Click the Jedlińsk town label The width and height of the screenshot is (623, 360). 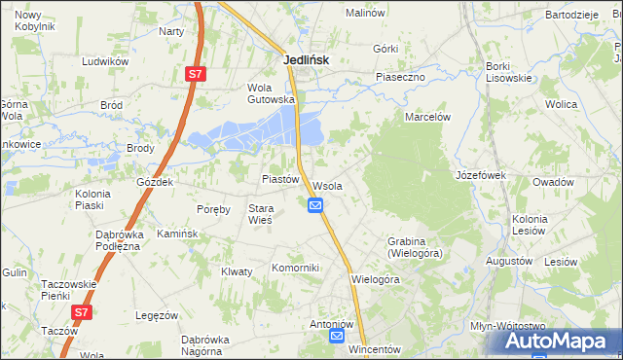tap(306, 59)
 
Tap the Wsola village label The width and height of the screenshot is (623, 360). tap(327, 186)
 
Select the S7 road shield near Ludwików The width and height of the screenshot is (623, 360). tap(196, 74)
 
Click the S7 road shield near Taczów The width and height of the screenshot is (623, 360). tap(83, 312)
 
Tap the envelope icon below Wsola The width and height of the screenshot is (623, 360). tap(315, 205)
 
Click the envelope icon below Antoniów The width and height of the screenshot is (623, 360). tap(336, 337)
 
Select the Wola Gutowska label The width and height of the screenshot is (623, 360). tap(271, 92)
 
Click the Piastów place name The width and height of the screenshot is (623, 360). tap(279, 179)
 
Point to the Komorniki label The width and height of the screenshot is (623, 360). tap(295, 267)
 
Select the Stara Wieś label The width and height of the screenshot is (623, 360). tap(260, 214)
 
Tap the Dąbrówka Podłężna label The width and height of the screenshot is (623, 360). tap(120, 240)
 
